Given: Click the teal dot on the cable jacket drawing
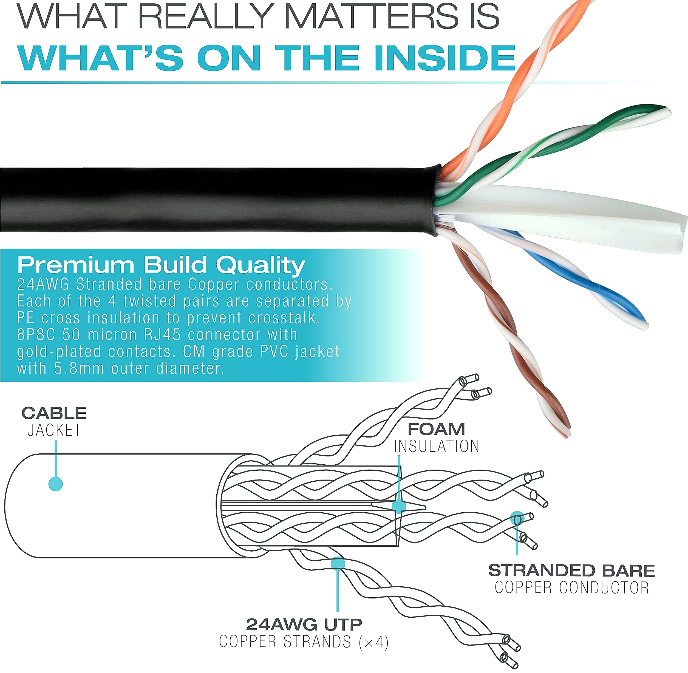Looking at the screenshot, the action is pyautogui.click(x=55, y=484).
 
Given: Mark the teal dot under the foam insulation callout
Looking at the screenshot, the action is pyautogui.click(x=399, y=506).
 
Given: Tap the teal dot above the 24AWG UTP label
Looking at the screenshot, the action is pyautogui.click(x=338, y=563).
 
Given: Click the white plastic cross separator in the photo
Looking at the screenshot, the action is pyautogui.click(x=566, y=219).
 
